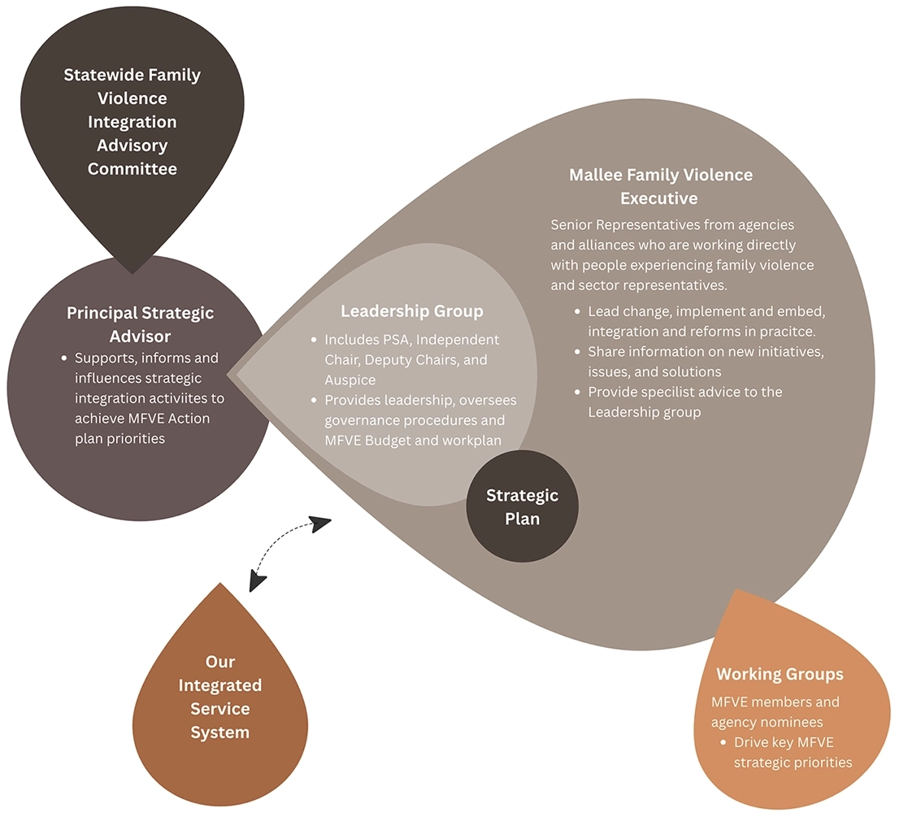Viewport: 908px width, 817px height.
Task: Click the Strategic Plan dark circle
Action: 522,506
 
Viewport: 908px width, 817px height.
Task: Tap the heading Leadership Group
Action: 411,311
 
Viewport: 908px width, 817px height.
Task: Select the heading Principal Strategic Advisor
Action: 141,324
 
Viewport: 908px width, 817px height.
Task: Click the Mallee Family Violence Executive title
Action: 659,186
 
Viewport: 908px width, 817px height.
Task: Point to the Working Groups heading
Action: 780,674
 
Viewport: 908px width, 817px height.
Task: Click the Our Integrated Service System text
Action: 220,697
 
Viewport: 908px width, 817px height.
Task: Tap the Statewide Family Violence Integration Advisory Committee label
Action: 133,122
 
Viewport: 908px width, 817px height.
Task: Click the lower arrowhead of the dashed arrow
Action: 258,580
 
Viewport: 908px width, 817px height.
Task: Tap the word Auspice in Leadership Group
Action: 349,379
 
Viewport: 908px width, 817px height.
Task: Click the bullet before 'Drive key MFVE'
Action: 723,742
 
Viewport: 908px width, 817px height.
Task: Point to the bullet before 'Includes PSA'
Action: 314,340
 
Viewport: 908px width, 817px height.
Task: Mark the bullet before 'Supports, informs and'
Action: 64,359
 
